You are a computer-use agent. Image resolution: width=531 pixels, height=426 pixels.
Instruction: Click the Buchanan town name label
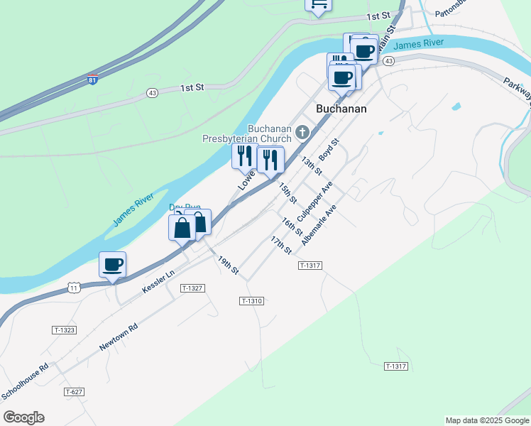click(x=341, y=109)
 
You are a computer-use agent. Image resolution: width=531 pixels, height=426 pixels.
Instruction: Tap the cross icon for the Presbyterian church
click(x=303, y=131)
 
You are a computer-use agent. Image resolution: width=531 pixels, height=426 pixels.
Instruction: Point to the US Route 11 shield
click(x=74, y=287)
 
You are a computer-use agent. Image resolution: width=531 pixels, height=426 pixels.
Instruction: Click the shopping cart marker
click(x=319, y=5)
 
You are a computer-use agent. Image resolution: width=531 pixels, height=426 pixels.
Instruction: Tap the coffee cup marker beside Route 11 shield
click(x=112, y=266)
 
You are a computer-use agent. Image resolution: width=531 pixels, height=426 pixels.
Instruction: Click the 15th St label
click(x=287, y=192)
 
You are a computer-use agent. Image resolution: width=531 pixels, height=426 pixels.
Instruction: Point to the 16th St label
click(x=292, y=227)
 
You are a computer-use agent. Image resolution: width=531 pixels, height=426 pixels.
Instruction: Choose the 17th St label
click(x=282, y=246)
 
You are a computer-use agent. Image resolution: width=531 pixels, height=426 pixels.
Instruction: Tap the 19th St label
click(x=229, y=266)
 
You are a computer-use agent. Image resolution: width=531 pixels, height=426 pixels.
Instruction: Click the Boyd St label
click(x=329, y=149)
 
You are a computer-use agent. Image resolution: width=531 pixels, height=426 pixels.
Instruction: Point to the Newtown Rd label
click(x=118, y=337)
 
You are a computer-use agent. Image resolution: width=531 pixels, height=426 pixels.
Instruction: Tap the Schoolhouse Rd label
click(x=24, y=381)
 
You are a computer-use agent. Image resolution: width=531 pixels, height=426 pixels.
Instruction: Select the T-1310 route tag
click(x=252, y=301)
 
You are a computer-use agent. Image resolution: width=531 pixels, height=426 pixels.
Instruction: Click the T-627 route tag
click(x=74, y=392)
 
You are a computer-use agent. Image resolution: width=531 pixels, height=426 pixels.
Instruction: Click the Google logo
click(x=23, y=417)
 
